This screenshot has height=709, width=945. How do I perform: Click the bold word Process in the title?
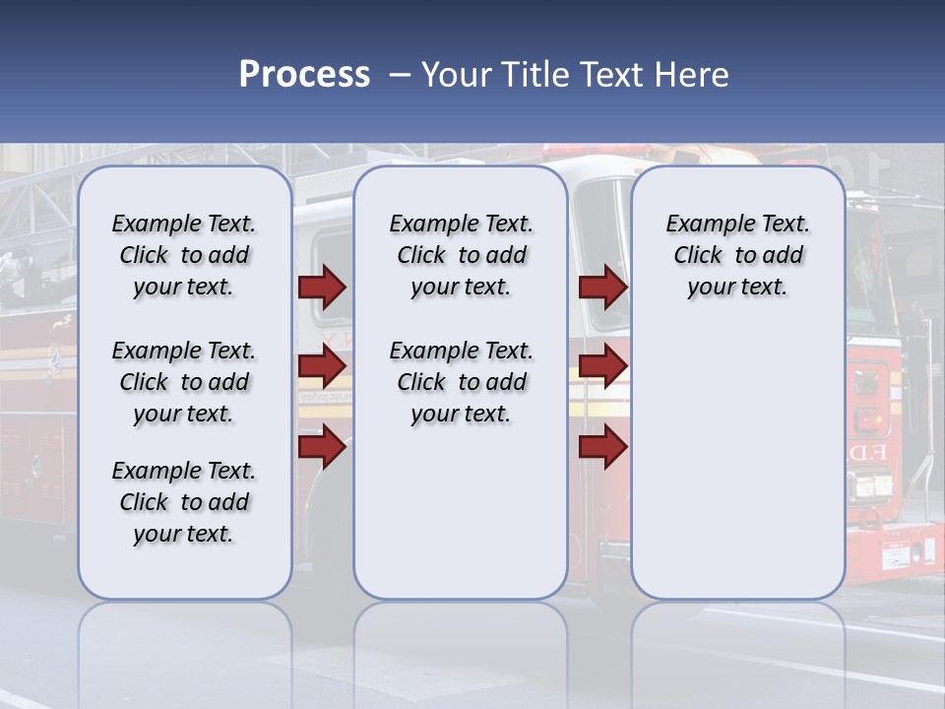click(304, 75)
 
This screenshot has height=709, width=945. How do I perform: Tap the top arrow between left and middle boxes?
click(322, 287)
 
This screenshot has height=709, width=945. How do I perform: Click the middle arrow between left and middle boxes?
click(322, 366)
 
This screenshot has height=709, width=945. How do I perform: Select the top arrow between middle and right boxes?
click(602, 287)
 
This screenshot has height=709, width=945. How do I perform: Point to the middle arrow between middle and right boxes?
click(602, 366)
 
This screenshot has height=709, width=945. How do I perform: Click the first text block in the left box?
click(184, 255)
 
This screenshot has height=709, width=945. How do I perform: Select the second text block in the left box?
click(184, 382)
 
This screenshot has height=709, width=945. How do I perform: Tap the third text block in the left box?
click(184, 502)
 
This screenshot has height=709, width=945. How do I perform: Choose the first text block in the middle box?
click(461, 255)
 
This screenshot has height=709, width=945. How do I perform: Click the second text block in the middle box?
click(461, 382)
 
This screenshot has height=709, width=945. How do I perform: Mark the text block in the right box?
click(737, 255)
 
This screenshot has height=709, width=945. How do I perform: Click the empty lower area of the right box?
click(737, 463)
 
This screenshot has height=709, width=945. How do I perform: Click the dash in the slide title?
click(400, 75)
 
